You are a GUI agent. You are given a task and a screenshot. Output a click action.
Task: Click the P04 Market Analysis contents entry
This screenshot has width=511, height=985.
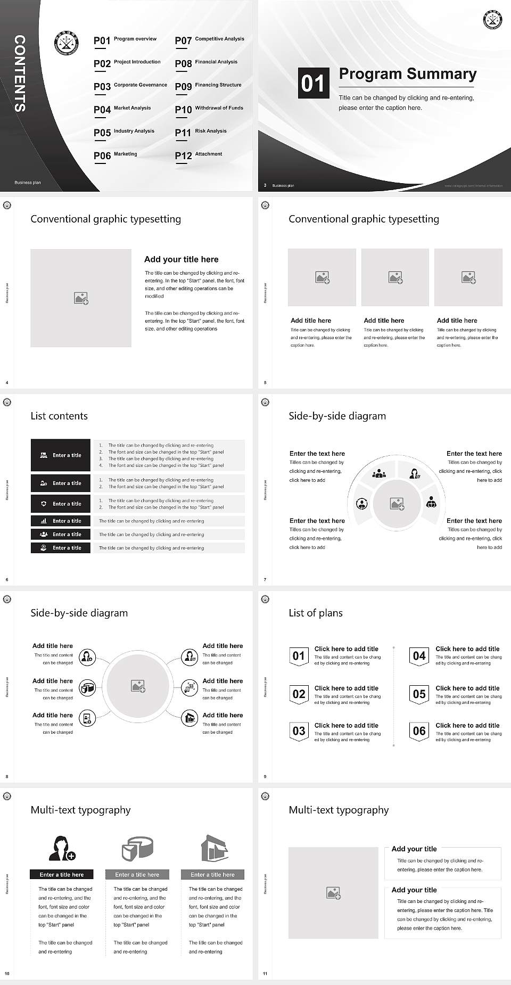click(122, 109)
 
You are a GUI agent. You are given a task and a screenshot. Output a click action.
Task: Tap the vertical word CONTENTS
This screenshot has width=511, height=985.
click(20, 73)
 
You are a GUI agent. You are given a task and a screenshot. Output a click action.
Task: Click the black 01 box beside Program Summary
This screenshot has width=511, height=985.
click(314, 83)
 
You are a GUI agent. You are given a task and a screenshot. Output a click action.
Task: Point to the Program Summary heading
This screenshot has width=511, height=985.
click(407, 74)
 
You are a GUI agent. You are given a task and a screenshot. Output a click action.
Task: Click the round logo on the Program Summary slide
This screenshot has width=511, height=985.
click(493, 20)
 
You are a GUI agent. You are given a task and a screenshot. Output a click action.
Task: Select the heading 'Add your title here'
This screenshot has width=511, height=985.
click(181, 259)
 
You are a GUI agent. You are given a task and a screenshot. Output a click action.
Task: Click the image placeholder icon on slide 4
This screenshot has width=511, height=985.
click(81, 298)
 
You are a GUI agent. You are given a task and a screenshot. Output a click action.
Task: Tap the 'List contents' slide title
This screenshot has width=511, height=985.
click(59, 416)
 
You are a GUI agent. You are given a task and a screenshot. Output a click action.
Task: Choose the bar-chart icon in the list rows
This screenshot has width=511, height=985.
click(44, 521)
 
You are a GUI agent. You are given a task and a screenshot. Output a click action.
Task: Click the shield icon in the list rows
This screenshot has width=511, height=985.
click(44, 504)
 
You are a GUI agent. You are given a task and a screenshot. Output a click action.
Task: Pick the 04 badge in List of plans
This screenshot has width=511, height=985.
click(419, 656)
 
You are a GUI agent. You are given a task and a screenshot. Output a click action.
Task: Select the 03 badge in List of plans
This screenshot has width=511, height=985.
click(299, 731)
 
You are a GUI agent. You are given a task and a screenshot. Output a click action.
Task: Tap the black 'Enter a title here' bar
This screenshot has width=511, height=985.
click(62, 874)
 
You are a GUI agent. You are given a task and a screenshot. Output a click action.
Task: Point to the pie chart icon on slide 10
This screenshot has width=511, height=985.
click(137, 848)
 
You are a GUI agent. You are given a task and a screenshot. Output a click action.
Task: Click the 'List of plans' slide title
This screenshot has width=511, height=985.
click(316, 613)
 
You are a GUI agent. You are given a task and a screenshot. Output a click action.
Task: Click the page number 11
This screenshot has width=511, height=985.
click(265, 974)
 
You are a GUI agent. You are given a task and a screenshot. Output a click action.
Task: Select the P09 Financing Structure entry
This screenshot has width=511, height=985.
click(208, 86)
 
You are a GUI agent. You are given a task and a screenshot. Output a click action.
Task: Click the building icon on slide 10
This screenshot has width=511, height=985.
click(214, 848)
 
